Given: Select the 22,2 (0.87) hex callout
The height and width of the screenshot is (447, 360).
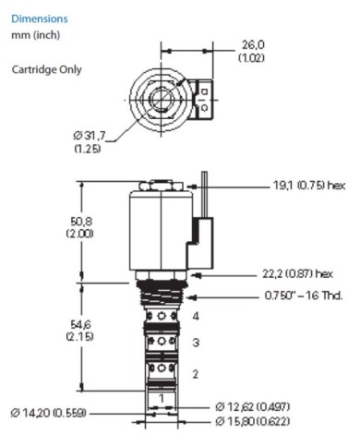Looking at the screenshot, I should tap(297, 273).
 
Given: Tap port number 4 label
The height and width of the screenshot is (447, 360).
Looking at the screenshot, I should tap(196, 316).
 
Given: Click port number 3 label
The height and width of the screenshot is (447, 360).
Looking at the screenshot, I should tap(196, 343).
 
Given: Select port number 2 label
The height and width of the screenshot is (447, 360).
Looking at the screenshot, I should tap(196, 373).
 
